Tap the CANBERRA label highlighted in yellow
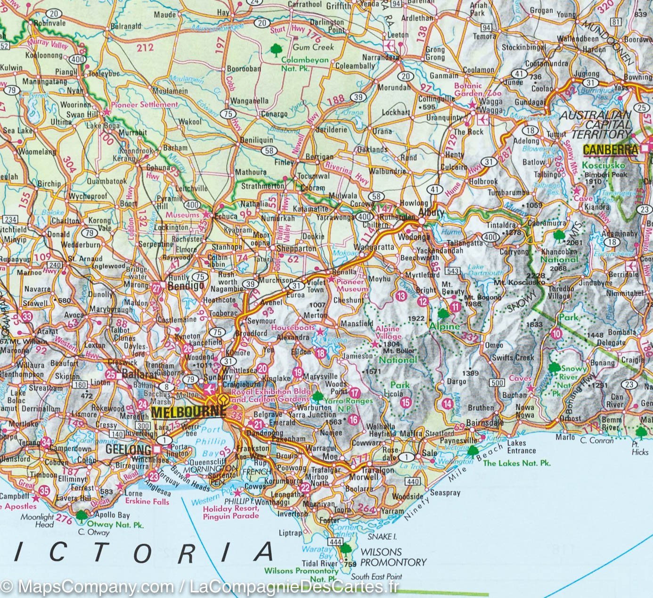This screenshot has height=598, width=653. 610,150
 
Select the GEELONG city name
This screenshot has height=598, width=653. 128,449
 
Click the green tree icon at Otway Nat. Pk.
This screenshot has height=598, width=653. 82,515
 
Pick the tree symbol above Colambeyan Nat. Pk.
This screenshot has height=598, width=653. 275,49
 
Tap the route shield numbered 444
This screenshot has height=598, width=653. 335,543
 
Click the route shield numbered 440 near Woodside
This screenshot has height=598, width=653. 413,481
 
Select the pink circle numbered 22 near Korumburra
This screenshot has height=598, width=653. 305,487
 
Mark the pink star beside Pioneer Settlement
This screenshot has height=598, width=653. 106,112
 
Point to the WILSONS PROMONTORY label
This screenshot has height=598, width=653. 393,557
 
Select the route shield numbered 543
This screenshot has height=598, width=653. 453,270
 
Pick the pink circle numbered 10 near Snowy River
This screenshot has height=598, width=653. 556,334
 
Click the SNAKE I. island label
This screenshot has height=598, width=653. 382,536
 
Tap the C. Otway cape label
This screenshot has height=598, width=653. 94,532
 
